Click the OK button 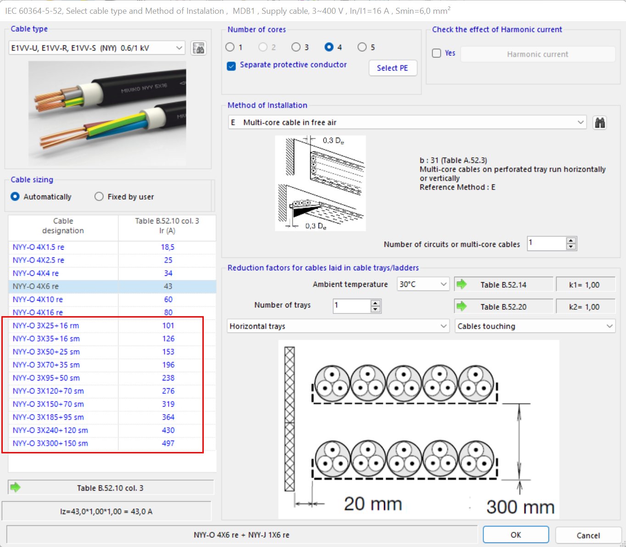click(515, 535)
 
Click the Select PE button click(392, 68)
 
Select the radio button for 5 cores click(362, 47)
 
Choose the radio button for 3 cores click(296, 47)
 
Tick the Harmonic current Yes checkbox click(436, 53)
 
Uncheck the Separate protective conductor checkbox click(232, 66)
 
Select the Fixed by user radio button click(99, 196)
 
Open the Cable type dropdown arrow click(179, 48)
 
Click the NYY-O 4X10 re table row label click(38, 299)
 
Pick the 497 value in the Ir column click(168, 443)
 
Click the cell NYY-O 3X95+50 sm click(46, 378)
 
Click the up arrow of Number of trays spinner click(375, 302)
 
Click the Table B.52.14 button click(503, 285)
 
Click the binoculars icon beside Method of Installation click(599, 123)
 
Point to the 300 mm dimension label click(520, 507)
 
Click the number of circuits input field click(546, 243)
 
